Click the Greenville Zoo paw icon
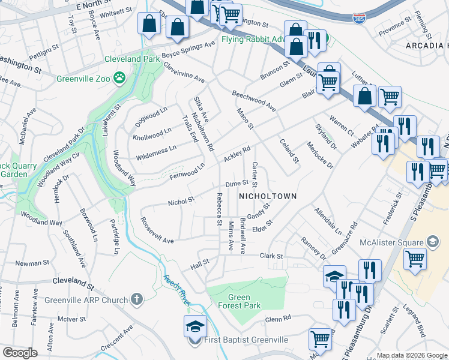121,77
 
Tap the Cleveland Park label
132,59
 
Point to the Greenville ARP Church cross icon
137,299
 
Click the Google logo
20,352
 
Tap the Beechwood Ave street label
254,100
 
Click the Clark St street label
271,256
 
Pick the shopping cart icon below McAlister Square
415,259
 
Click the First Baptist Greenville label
246,340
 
